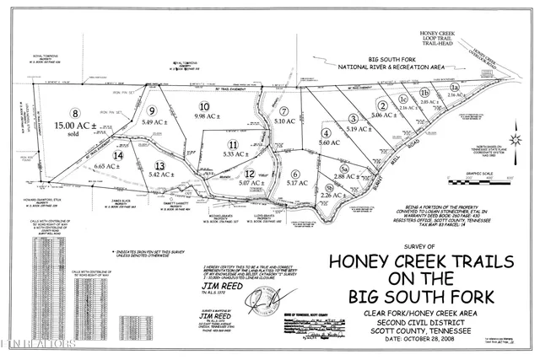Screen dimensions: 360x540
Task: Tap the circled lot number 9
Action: tap(153, 110)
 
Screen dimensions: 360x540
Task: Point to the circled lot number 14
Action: tap(118, 155)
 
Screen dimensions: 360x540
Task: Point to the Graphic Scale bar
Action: tap(484, 178)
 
